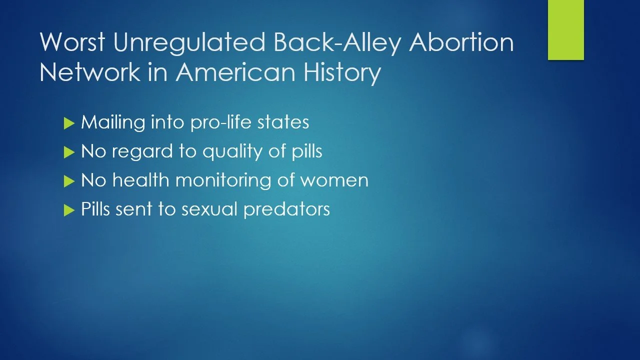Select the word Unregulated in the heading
coord(189,43)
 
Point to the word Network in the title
coord(89,71)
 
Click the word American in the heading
coord(235,71)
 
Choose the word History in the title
coord(342,73)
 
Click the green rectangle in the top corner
coord(565,30)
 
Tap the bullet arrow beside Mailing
coord(69,123)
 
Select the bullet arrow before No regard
coord(69,152)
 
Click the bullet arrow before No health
coord(69,181)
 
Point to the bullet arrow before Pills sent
coord(69,210)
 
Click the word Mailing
coord(113,123)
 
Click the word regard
coord(142,152)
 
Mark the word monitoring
coord(223,181)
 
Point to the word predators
coord(287,209)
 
